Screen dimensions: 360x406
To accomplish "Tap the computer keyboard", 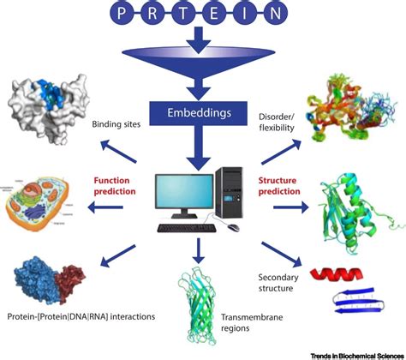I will pos(190,229).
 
